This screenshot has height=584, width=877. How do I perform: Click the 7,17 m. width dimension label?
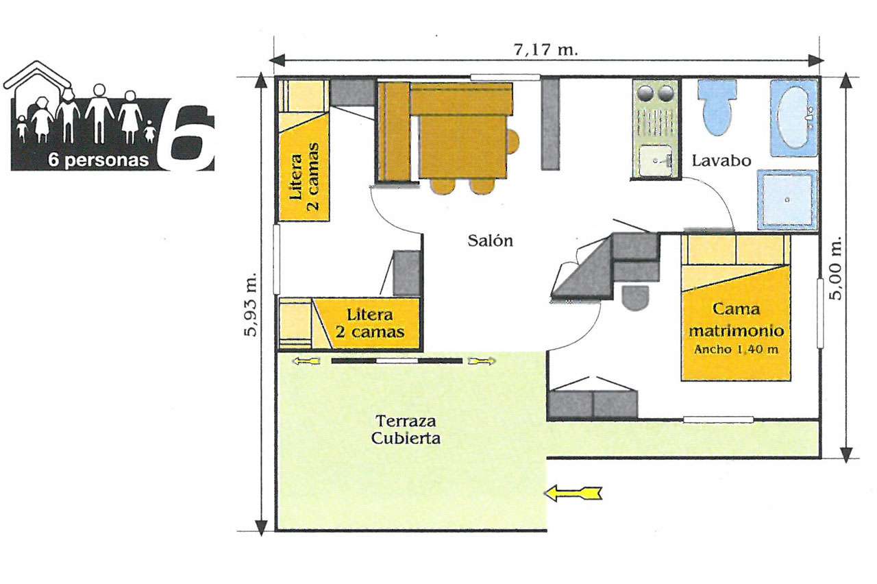click(x=546, y=50)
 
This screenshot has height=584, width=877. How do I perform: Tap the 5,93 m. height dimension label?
click(x=251, y=304)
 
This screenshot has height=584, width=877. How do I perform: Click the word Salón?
click(x=490, y=240)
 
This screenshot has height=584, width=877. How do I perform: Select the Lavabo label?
click(x=721, y=160)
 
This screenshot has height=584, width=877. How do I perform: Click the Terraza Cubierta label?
click(x=406, y=429)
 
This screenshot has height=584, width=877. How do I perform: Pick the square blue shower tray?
click(x=787, y=199)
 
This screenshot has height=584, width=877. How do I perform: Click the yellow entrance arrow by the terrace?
click(x=573, y=493)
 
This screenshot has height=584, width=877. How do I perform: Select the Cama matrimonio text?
click(x=737, y=319)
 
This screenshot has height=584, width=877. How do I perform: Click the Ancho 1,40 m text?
click(x=736, y=349)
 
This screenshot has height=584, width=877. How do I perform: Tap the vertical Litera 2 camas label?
click(x=304, y=177)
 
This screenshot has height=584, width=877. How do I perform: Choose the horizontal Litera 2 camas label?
click(x=369, y=323)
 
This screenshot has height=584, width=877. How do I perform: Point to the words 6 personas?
click(x=98, y=160)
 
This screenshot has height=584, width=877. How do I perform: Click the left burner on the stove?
click(x=645, y=93)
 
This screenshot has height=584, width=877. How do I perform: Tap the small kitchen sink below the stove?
click(x=656, y=160)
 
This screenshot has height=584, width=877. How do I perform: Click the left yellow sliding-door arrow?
click(x=306, y=361)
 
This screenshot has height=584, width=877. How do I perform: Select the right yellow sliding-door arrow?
click(x=482, y=361)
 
